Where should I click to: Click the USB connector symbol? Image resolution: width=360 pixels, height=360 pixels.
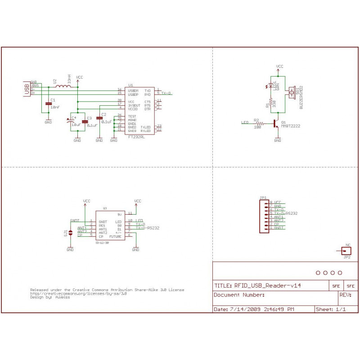click(27, 88)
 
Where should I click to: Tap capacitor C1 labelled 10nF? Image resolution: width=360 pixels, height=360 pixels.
click(49, 103)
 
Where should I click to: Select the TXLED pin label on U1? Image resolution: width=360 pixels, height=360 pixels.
click(145, 127)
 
